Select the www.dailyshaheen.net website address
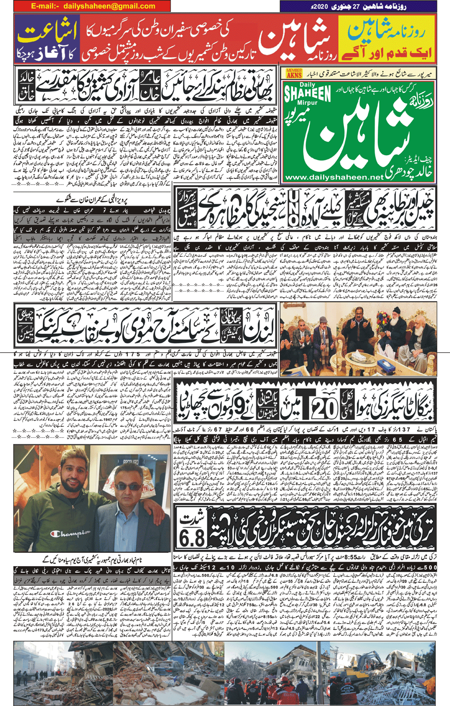[334, 177]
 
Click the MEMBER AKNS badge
[294, 73]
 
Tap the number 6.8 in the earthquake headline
[192, 538]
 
